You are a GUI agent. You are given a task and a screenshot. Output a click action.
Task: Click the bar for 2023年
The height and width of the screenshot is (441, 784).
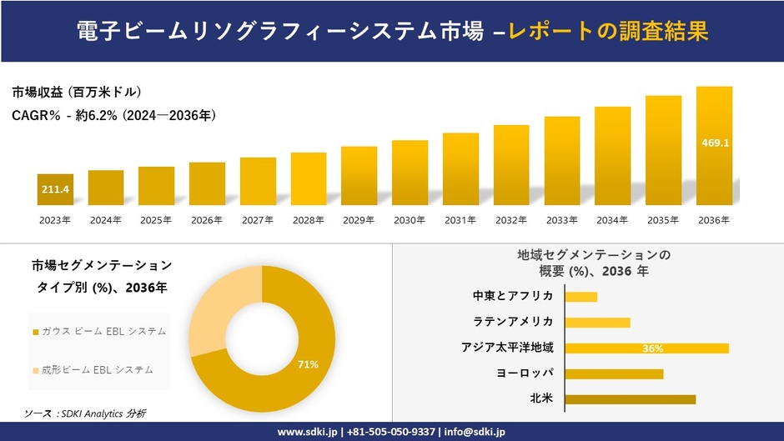tap(55, 189)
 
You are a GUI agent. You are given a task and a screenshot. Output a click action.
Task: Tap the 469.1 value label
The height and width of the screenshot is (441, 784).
tap(714, 143)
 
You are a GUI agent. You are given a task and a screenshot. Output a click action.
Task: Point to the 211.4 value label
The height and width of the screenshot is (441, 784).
tap(55, 190)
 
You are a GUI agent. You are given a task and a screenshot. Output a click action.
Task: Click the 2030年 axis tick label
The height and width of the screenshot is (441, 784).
tap(410, 220)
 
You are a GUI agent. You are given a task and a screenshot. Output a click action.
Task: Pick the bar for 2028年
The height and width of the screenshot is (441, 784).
tap(309, 178)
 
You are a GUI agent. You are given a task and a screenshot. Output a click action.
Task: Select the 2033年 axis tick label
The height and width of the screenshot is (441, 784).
tap(562, 220)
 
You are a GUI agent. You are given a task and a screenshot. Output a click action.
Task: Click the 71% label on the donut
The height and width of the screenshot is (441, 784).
tap(307, 364)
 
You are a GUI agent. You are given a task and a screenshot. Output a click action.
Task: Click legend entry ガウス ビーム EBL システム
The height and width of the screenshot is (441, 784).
tap(99, 331)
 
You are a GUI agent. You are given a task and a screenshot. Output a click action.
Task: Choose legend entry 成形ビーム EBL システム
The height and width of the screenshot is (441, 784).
tap(99, 369)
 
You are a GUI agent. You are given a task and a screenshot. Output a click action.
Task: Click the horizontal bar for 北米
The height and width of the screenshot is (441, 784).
tap(630, 399)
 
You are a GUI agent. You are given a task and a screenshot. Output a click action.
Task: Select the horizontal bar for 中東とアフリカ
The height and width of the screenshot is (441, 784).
tap(580, 297)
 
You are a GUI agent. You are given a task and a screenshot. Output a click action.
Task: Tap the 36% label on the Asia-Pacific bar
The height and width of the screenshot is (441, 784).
tap(652, 348)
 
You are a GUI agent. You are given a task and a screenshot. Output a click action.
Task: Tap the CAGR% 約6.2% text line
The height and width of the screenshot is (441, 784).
tap(114, 116)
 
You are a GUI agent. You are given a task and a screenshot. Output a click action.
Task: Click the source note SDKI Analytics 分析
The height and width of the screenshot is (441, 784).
tap(85, 413)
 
